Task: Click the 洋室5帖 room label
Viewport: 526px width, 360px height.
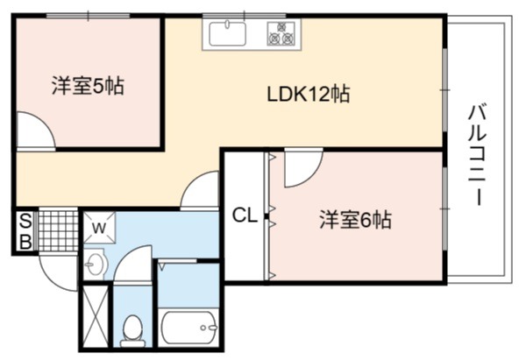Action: [x=88, y=86]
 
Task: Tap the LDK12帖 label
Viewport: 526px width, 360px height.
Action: [x=309, y=94]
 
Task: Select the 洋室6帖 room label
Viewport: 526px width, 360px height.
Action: [x=355, y=220]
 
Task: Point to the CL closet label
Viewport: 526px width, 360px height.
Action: [x=245, y=215]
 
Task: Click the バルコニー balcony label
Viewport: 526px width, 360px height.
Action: [x=478, y=155]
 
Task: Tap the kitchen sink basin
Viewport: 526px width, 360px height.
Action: [x=227, y=33]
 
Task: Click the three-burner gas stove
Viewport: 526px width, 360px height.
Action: [x=281, y=33]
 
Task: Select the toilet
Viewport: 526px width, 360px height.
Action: [x=133, y=331]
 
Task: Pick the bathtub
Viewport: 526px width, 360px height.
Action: [x=188, y=328]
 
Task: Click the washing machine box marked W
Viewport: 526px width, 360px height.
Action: [x=99, y=228]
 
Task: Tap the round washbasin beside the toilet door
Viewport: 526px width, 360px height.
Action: [x=96, y=264]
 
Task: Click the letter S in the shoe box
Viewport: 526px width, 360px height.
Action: [x=25, y=221]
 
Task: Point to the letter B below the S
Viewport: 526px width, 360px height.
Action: [x=25, y=241]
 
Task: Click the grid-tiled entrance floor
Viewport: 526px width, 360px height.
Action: [x=58, y=230]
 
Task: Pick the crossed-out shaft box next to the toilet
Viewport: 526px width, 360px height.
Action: [x=96, y=316]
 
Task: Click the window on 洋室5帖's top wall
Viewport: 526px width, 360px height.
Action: [x=88, y=16]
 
